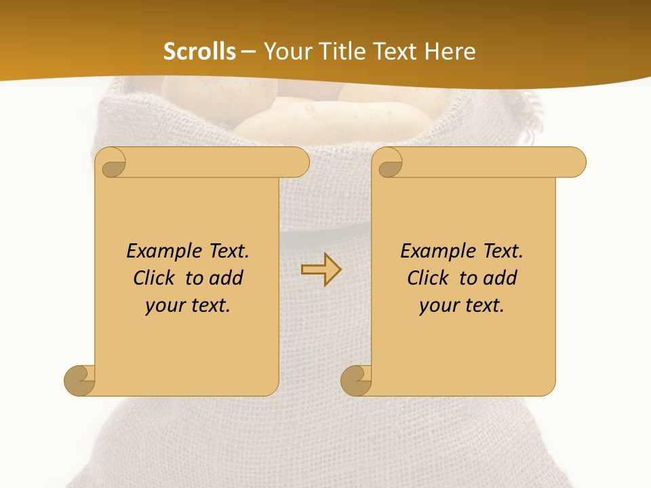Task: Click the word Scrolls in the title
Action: tap(199, 52)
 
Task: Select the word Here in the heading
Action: tap(450, 52)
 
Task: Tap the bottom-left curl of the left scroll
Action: tap(79, 380)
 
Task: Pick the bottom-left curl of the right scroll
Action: tap(356, 380)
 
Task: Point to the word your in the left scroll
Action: tap(165, 306)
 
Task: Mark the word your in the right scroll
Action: tap(439, 306)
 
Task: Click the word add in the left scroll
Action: tap(226, 278)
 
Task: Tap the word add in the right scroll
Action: tap(500, 278)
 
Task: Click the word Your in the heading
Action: tap(285, 52)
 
